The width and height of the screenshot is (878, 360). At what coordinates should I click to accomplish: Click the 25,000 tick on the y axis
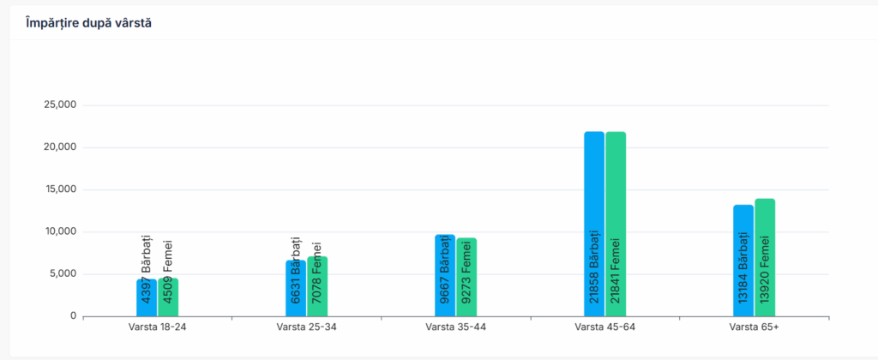60,105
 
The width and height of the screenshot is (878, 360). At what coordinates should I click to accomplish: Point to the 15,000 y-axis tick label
60,189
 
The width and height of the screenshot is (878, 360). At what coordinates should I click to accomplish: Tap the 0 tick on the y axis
74,315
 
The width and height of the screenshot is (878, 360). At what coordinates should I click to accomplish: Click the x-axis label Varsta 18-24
157,327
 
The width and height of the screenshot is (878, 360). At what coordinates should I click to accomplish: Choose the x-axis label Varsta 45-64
604,327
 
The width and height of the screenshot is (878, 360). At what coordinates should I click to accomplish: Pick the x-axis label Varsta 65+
755,327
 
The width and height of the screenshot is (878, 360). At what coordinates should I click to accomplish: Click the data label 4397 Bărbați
147,267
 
